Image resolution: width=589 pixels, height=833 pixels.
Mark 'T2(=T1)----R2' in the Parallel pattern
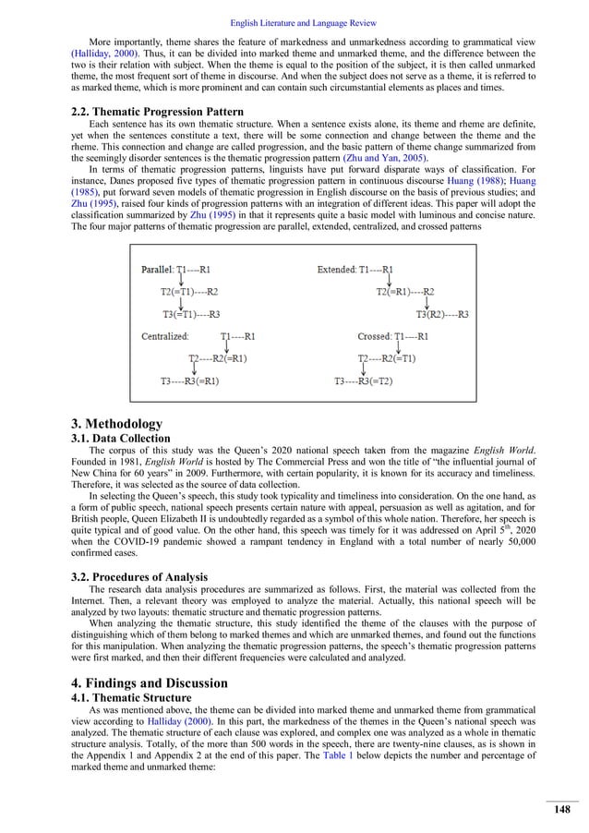click(189, 291)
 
